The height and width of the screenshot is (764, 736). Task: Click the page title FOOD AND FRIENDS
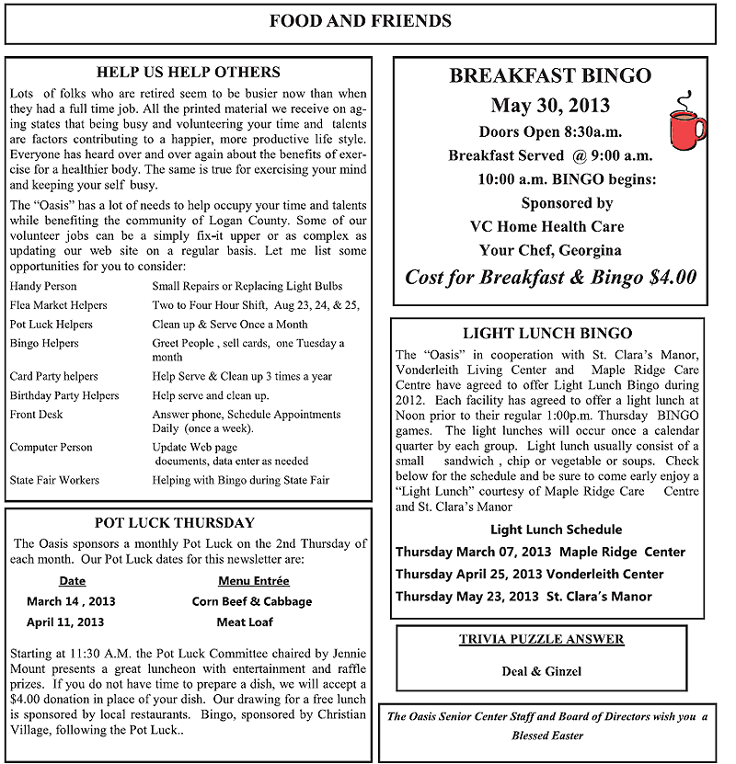pyautogui.click(x=361, y=21)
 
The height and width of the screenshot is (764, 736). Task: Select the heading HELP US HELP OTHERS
pyautogui.click(x=189, y=72)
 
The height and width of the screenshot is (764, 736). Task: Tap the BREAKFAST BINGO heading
pyautogui.click(x=550, y=75)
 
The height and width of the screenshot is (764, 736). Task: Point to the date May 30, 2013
pyautogui.click(x=550, y=105)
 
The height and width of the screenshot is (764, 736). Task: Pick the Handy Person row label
pyautogui.click(x=43, y=286)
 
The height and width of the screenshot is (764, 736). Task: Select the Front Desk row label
pyautogui.click(x=36, y=415)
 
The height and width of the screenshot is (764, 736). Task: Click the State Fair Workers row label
pyautogui.click(x=54, y=480)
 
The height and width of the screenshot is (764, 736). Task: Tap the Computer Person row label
pyautogui.click(x=51, y=448)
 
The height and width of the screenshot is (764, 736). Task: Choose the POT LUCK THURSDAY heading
pyautogui.click(x=174, y=523)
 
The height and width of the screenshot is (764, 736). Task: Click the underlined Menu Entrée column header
pyautogui.click(x=253, y=581)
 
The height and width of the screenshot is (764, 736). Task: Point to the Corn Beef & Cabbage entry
pyautogui.click(x=252, y=601)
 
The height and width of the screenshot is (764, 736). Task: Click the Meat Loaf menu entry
pyautogui.click(x=245, y=622)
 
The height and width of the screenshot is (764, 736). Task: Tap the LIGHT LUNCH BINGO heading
pyautogui.click(x=547, y=333)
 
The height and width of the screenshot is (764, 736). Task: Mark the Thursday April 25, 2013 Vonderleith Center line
pyautogui.click(x=529, y=575)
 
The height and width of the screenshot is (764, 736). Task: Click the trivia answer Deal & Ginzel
pyautogui.click(x=542, y=671)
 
